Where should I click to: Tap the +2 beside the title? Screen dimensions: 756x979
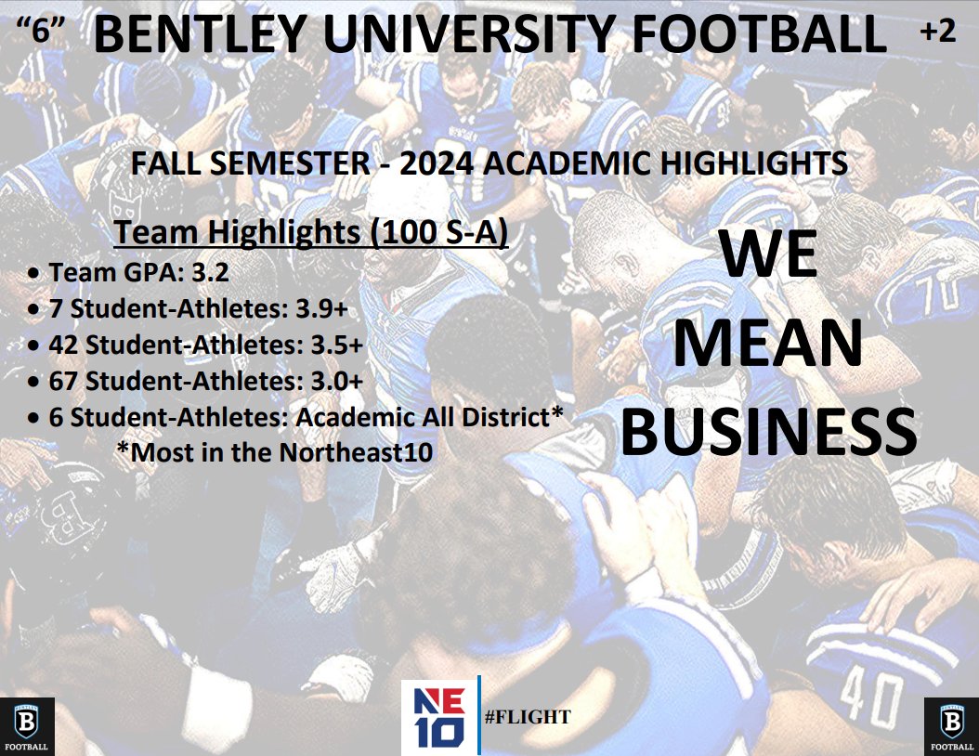[x=936, y=32]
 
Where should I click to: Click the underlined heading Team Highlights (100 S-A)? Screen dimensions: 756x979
[x=310, y=232]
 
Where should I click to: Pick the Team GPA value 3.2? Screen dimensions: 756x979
[x=209, y=273]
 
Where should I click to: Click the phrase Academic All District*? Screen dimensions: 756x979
[x=429, y=417]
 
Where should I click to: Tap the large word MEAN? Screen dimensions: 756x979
[x=767, y=343]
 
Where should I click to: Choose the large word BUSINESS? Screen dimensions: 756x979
[x=767, y=431]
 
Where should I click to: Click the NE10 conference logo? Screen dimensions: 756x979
[x=438, y=717]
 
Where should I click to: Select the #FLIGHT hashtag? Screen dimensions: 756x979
[x=528, y=717]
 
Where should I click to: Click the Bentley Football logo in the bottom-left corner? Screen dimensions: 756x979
[x=27, y=725]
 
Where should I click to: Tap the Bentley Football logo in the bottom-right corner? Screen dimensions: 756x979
[x=951, y=725]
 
